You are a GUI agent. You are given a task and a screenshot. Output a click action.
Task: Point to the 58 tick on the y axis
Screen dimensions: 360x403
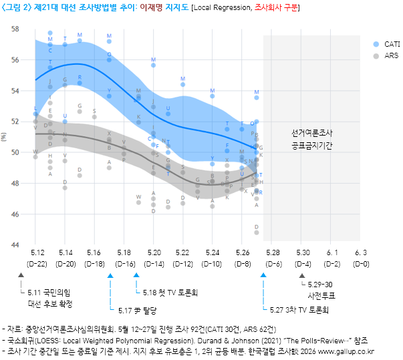click(x=15, y=29)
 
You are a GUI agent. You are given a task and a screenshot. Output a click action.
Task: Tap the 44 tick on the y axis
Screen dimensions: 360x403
click(x=15, y=246)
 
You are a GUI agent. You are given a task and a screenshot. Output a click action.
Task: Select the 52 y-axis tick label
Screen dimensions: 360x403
click(x=15, y=122)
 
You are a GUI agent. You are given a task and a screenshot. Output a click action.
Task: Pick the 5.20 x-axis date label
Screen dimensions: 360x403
click(x=154, y=252)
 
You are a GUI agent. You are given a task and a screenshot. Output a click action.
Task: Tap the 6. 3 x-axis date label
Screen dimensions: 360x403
click(x=361, y=252)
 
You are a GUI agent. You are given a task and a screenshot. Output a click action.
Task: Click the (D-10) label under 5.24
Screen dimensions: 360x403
click(x=213, y=263)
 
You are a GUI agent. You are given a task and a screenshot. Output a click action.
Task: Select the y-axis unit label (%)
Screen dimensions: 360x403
click(x=5, y=138)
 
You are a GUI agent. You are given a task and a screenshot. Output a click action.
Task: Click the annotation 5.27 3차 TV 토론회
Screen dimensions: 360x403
click(x=299, y=310)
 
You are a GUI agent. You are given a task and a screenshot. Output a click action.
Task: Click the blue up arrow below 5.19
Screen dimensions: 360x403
click(x=136, y=275)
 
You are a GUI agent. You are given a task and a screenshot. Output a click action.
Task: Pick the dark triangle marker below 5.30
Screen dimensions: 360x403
click(x=301, y=275)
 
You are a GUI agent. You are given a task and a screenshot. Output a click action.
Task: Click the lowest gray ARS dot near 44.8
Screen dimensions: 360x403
click(x=257, y=232)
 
